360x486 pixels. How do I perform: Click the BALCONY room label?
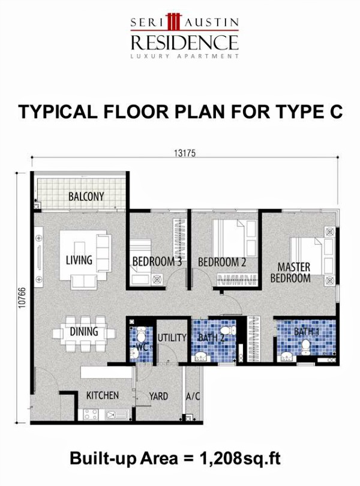click(x=86, y=196)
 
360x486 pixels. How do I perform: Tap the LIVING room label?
click(x=79, y=260)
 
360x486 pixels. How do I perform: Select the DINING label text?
click(x=83, y=332)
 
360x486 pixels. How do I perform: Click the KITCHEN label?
click(x=102, y=396)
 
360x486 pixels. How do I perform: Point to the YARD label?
click(x=158, y=396)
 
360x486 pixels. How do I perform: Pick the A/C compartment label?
click(x=193, y=396)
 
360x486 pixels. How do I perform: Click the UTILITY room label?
click(x=172, y=338)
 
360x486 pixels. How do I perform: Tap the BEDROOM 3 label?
click(x=157, y=262)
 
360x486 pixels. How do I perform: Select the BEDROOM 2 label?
click(x=223, y=262)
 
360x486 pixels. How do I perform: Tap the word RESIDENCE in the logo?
click(x=185, y=42)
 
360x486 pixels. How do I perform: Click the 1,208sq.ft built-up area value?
click(x=239, y=459)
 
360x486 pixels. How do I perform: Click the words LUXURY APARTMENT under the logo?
click(x=185, y=56)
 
